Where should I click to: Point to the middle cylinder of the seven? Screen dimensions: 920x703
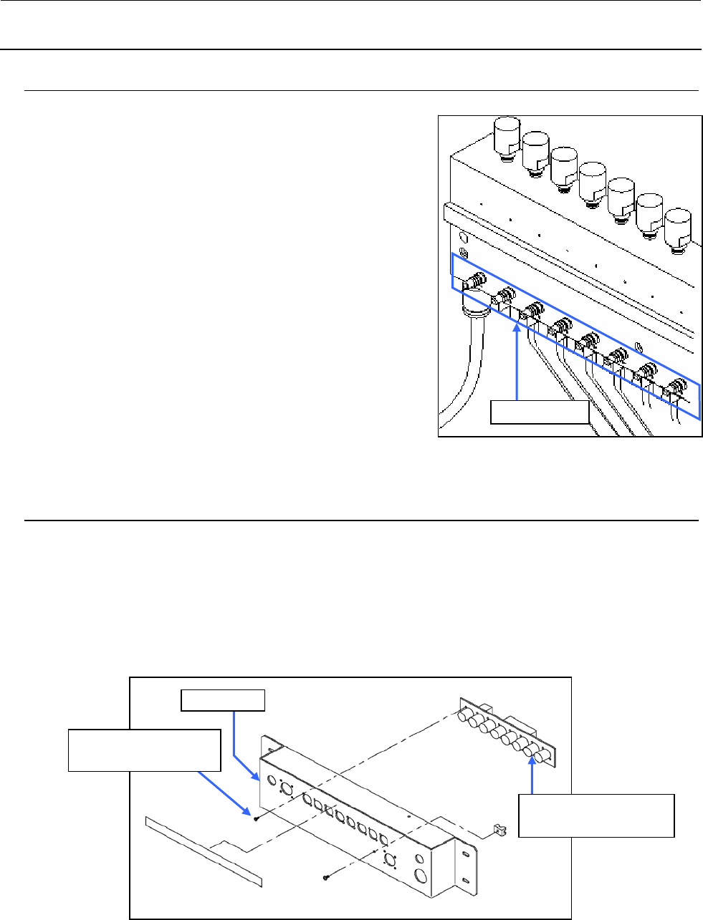pyautogui.click(x=592, y=180)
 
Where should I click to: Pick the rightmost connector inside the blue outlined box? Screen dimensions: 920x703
pyautogui.click(x=674, y=391)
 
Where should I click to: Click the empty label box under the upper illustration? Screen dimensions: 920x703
pyautogui.click(x=539, y=412)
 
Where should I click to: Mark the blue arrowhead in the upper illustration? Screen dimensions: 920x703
pyautogui.click(x=517, y=329)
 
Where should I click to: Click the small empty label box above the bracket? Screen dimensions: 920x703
pyautogui.click(x=223, y=699)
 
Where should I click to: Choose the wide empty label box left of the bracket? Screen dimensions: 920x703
pyautogui.click(x=143, y=750)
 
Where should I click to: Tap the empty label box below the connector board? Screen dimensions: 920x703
pyautogui.click(x=596, y=815)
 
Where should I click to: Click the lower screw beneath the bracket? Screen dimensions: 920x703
pyautogui.click(x=326, y=876)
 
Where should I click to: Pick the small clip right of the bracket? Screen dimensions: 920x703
pyautogui.click(x=494, y=831)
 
